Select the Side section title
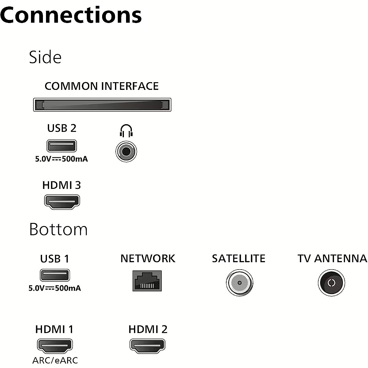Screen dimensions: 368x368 coord(45,57)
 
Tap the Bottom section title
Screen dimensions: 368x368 coord(58,229)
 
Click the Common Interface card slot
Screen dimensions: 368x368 coord(102,105)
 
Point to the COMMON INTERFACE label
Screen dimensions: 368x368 coord(102,86)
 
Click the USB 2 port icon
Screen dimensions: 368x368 coord(62,146)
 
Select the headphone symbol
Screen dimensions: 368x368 coord(126,131)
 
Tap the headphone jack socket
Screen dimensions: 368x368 coord(126,151)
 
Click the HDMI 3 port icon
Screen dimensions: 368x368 coord(62,201)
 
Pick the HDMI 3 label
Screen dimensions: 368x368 coord(62,185)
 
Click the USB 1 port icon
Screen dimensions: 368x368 coord(55,275)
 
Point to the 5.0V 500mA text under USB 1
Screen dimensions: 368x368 coord(55,288)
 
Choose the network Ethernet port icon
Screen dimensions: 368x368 coord(147,281)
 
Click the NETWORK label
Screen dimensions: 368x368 coord(148,259)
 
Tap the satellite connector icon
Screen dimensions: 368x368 coord(240,283)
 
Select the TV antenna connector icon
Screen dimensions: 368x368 coord(331,283)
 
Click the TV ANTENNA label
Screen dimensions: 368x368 coord(332,259)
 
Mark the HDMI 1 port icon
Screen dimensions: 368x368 coord(55,346)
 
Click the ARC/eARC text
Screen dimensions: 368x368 coord(55,360)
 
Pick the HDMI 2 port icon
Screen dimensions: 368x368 coord(148,345)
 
